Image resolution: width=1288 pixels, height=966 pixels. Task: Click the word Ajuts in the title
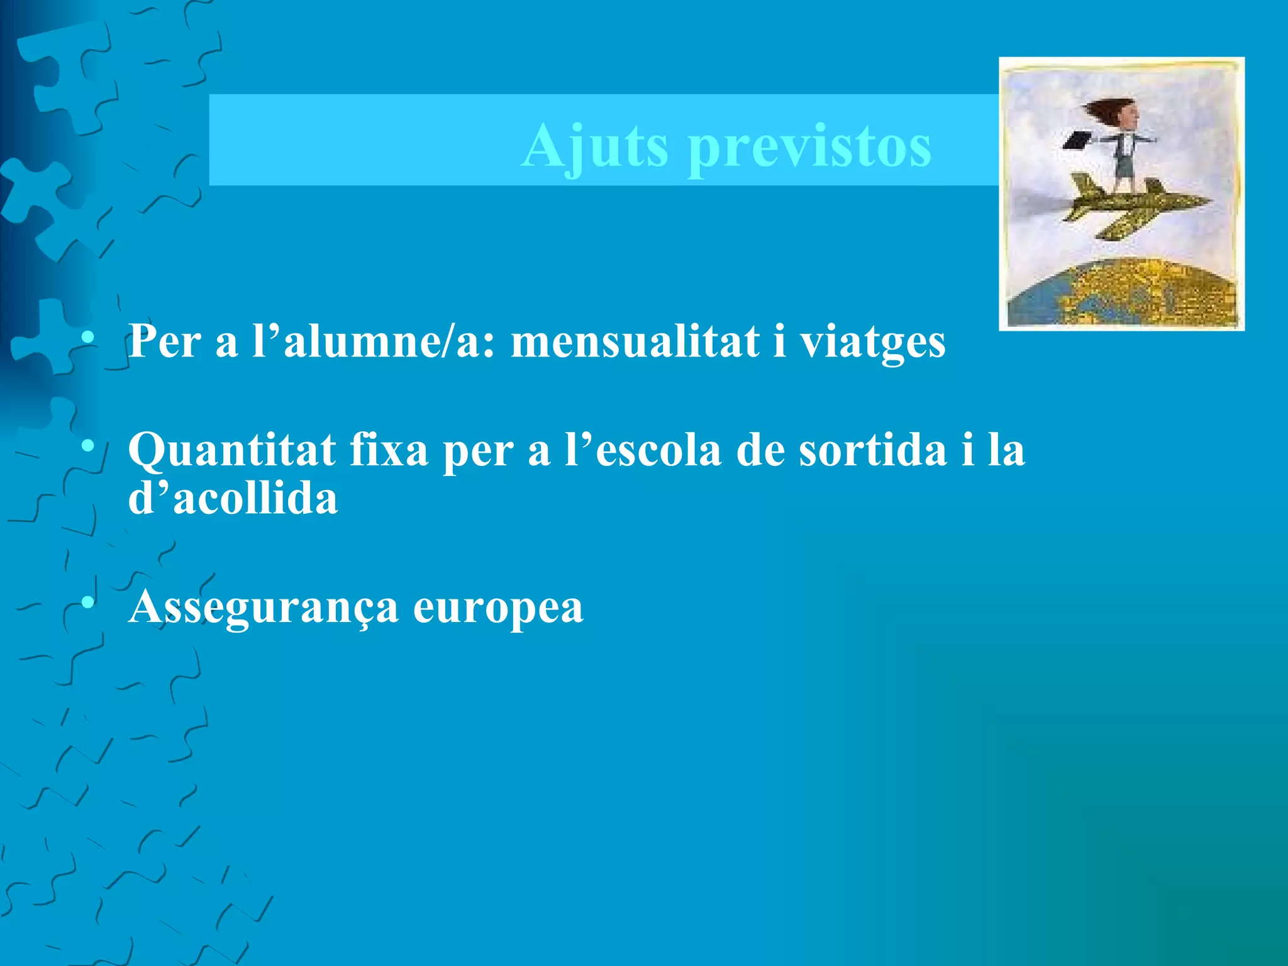click(594, 147)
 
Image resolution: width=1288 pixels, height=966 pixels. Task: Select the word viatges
click(872, 343)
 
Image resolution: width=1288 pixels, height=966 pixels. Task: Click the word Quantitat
click(231, 450)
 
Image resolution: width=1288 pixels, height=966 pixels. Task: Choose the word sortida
click(872, 450)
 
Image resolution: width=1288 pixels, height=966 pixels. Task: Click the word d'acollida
click(233, 499)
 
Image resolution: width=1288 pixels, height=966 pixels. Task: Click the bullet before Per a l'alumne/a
click(88, 338)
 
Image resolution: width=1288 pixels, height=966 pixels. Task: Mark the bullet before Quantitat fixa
click(88, 447)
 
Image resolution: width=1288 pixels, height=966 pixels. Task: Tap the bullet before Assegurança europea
click(88, 604)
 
